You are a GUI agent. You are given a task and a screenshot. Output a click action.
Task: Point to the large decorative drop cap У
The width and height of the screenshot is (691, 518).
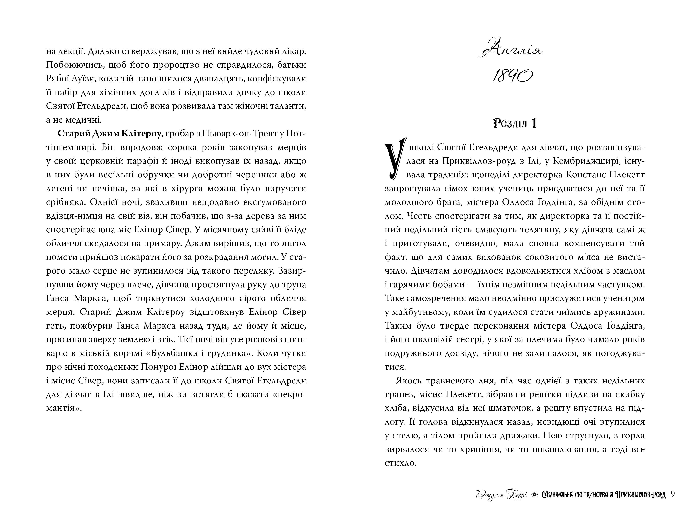pyautogui.click(x=395, y=159)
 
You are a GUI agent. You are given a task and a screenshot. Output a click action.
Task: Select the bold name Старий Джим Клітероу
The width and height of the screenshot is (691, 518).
pyautogui.click(x=109, y=134)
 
